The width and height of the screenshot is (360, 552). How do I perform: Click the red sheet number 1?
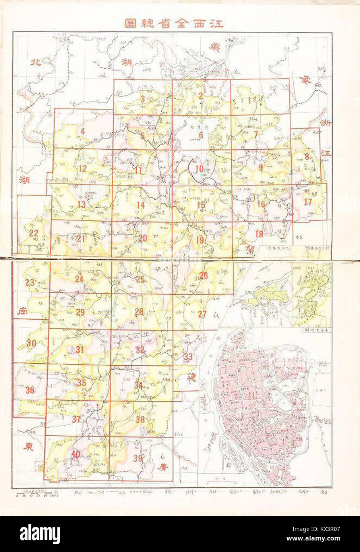pos(249,100)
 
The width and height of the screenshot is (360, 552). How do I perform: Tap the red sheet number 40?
pos(75,454)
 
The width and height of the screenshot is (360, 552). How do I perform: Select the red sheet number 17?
pos(308,202)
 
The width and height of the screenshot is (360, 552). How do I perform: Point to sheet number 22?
pos(34,233)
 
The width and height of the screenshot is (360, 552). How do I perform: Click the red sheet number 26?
pos(203,276)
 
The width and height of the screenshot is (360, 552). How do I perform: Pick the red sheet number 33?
pos(188,357)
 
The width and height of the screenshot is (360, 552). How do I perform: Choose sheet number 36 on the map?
pos(30,390)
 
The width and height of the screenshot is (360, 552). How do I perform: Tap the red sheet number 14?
pos(140,205)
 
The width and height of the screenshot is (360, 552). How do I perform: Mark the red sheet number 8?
pos(307,156)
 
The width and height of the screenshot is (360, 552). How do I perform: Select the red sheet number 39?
pos(138,458)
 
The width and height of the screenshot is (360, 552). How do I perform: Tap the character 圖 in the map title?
pos(130,23)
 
